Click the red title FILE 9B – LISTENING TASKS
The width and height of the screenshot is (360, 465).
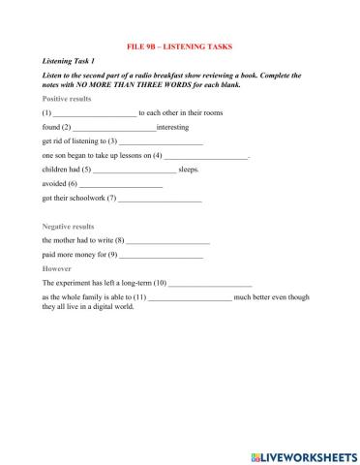[x=179, y=46]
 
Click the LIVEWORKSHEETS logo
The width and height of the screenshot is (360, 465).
[x=303, y=452]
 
